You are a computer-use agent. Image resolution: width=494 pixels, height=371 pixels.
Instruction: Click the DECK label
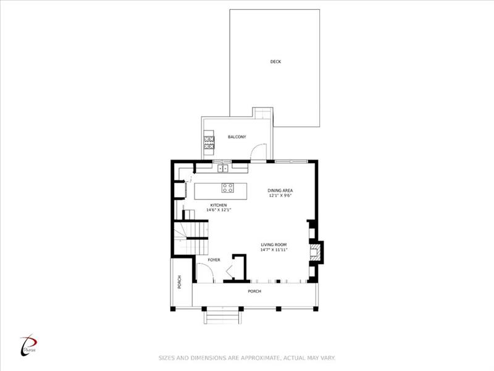click(275, 61)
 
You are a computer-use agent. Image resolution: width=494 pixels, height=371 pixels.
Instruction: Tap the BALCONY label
click(237, 137)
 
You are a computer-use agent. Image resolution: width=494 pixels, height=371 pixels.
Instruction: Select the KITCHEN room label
click(219, 205)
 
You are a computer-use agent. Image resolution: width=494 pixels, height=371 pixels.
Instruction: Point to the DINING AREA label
click(280, 190)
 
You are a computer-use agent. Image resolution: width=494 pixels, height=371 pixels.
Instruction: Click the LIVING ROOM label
click(274, 244)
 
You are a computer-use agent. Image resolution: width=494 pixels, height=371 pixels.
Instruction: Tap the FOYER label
click(214, 260)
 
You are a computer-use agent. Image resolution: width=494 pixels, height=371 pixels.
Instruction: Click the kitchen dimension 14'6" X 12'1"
click(219, 210)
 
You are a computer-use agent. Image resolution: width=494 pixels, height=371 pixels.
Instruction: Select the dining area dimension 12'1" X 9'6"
click(280, 195)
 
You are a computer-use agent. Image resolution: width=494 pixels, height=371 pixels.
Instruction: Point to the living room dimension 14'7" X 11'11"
click(274, 250)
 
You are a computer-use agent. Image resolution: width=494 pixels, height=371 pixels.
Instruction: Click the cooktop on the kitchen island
click(227, 188)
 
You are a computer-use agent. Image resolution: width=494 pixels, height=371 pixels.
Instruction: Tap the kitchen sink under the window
click(223, 168)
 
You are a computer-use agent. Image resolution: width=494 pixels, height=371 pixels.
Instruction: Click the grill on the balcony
click(209, 142)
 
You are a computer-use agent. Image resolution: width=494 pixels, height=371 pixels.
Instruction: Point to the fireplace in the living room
click(316, 252)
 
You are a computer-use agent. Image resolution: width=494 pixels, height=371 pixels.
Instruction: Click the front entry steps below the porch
click(222, 316)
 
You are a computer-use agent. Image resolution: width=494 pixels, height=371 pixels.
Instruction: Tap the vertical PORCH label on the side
click(179, 282)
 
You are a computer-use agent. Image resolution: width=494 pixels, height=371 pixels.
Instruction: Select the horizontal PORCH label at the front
click(254, 291)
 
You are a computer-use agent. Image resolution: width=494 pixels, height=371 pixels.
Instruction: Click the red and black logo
click(28, 346)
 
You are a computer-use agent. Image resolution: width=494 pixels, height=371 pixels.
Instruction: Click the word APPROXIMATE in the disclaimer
click(259, 358)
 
